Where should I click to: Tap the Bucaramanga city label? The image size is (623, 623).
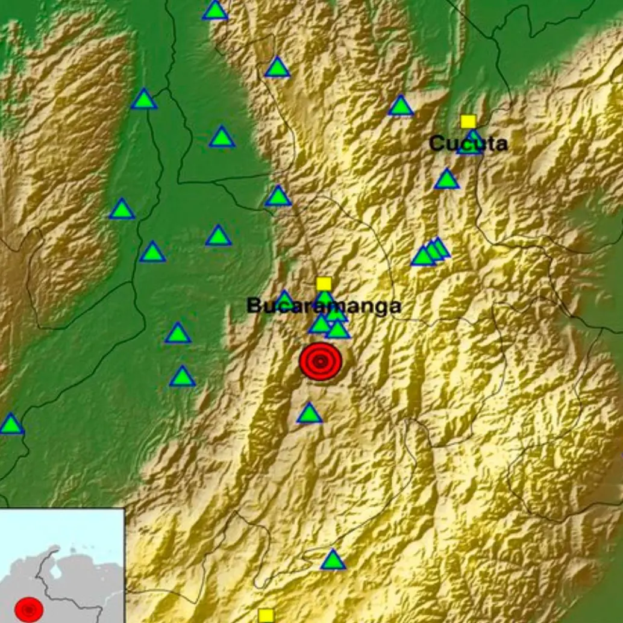(324, 306)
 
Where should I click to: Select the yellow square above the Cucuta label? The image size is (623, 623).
(468, 122)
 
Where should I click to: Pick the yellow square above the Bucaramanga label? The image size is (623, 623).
(324, 284)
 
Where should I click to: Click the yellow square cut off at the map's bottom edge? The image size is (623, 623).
(266, 616)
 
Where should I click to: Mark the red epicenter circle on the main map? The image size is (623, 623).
(321, 362)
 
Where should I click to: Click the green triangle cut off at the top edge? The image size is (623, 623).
(215, 10)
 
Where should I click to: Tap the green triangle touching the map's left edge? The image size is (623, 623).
(10, 424)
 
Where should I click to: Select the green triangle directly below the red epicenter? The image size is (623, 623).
(309, 413)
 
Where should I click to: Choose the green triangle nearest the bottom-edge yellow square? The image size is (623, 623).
(333, 560)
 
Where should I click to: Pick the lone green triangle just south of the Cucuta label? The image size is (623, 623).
(446, 180)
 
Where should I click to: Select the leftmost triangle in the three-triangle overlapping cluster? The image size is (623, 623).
(423, 257)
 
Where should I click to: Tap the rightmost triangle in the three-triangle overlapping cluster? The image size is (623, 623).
(440, 247)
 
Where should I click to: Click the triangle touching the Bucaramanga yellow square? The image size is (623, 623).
(324, 297)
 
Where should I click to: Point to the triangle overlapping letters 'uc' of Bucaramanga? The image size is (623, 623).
(285, 299)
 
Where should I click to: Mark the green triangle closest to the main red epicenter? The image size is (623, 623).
(337, 330)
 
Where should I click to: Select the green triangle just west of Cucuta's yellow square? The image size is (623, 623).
(401, 107)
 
